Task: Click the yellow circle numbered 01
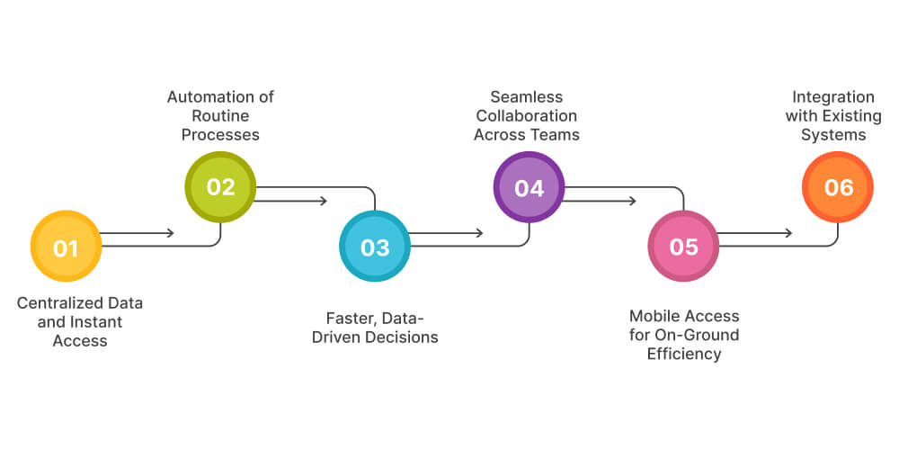tap(66, 247)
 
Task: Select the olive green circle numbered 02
tap(220, 187)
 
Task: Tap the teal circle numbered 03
tap(375, 247)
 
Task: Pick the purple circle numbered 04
tap(529, 187)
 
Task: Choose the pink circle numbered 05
tap(683, 247)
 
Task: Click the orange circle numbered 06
tap(838, 187)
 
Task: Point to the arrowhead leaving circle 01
tap(170, 233)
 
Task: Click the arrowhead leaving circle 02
tap(324, 201)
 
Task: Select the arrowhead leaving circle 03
tap(478, 233)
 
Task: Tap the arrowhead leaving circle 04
tap(632, 201)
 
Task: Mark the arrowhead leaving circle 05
tap(788, 233)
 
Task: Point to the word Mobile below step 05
tap(654, 316)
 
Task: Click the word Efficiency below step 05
tap(683, 354)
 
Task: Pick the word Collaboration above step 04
tap(527, 116)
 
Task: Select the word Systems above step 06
tap(835, 135)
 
